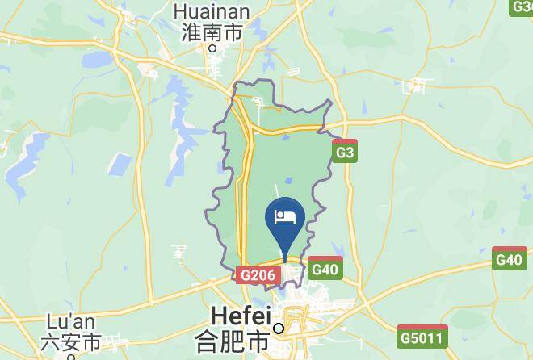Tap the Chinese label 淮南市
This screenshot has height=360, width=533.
[x=212, y=32]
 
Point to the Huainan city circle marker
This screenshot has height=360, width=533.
[x=212, y=48]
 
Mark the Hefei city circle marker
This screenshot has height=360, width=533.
[x=279, y=329]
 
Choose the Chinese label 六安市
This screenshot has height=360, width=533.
[x=72, y=342]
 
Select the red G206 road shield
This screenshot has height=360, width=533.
[x=258, y=276]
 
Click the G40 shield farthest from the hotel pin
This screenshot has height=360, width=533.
[x=510, y=259]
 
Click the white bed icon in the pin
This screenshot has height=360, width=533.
[x=287, y=216]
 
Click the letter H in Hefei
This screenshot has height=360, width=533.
[x=218, y=314]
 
